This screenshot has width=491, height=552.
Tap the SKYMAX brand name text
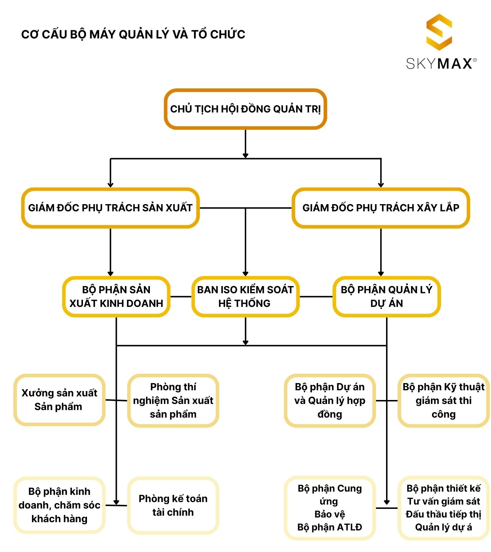tap(441, 64)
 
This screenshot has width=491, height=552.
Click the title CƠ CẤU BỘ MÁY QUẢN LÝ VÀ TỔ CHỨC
tap(133, 34)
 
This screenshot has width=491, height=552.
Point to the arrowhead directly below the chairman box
tap(245, 156)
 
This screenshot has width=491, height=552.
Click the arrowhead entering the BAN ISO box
tap(245, 273)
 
